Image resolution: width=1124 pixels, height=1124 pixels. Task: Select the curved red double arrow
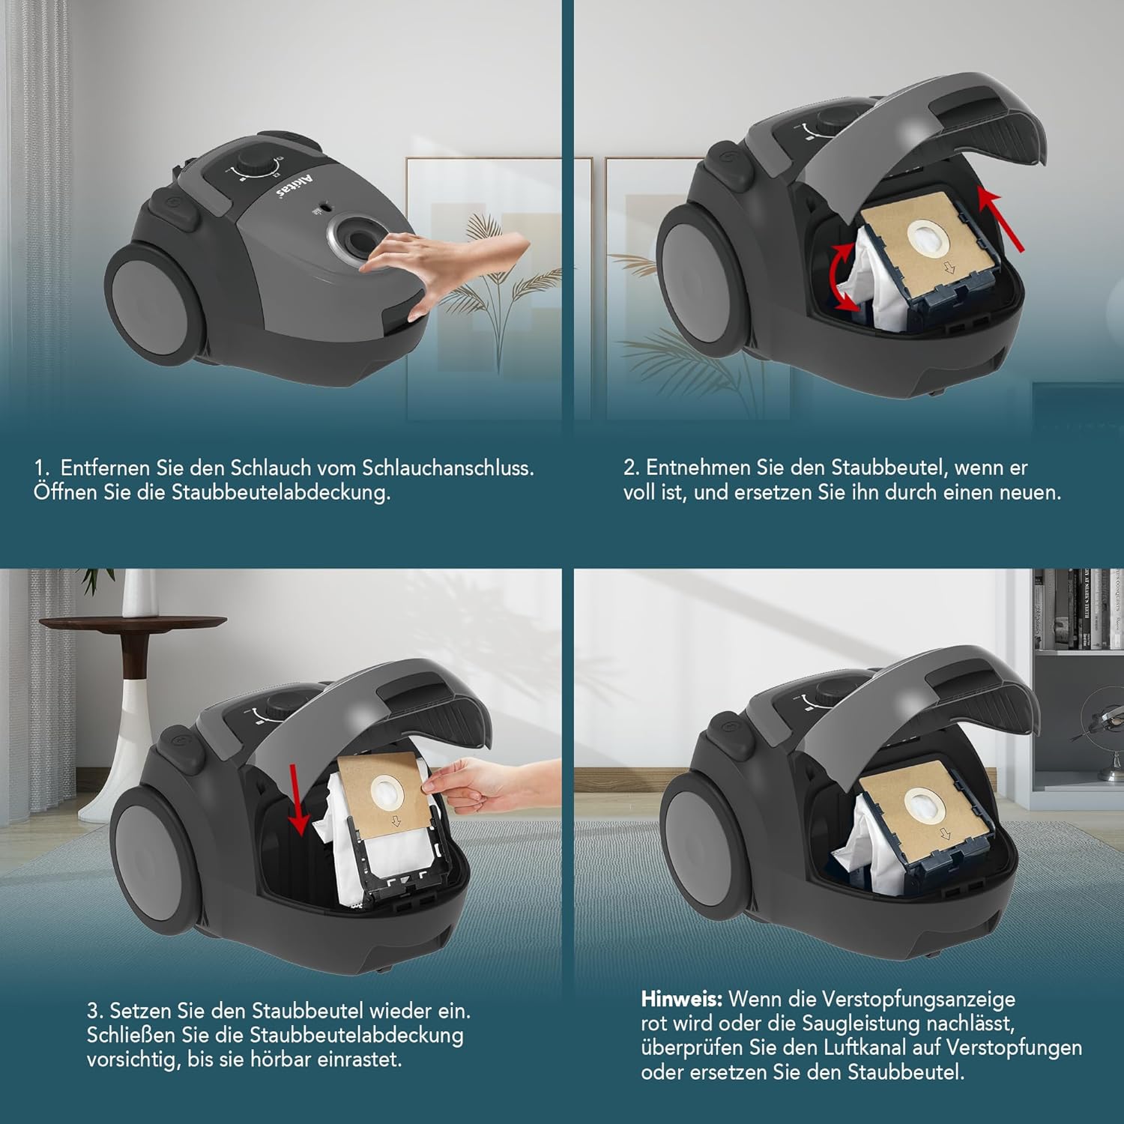click(842, 276)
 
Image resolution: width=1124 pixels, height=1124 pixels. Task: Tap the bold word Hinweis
click(682, 999)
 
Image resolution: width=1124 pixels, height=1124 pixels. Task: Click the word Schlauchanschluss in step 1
click(448, 468)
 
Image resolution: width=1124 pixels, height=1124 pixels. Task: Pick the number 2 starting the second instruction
click(630, 468)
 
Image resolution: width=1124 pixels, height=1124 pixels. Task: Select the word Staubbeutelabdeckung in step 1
click(281, 493)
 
